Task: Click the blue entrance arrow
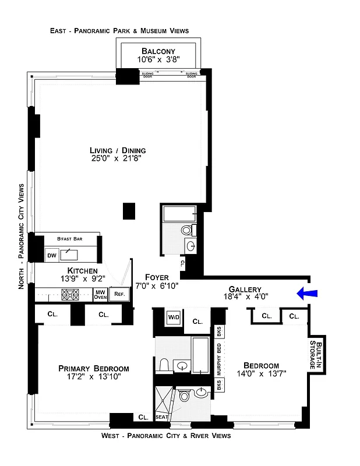pos(308,294)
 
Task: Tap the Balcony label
pos(156,51)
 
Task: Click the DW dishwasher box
pos(51,255)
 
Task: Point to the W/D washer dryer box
pos(174,317)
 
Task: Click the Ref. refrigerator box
pos(119,295)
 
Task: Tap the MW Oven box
pos(100,295)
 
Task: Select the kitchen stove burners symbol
pos(70,295)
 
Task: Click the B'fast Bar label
pos(68,239)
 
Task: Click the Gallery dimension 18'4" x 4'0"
pos(245,297)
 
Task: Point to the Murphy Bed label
pos(219,359)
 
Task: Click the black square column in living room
pos(129,210)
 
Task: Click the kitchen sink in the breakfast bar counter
pos(70,254)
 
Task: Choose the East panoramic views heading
pos(119,30)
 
